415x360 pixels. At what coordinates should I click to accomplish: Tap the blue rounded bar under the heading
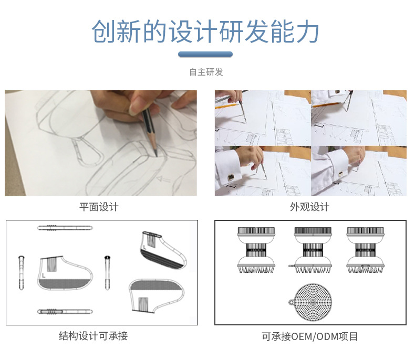pos(205,54)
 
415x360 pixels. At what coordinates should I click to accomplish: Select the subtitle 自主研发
pos(206,72)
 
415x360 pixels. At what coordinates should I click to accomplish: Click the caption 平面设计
pos(99,207)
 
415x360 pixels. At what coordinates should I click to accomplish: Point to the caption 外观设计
pos(309,207)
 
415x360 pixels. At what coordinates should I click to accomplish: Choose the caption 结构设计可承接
pos(93,336)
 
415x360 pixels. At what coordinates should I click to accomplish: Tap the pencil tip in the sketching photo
pos(156,154)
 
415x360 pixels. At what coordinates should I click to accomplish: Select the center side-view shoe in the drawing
pos(64,273)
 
